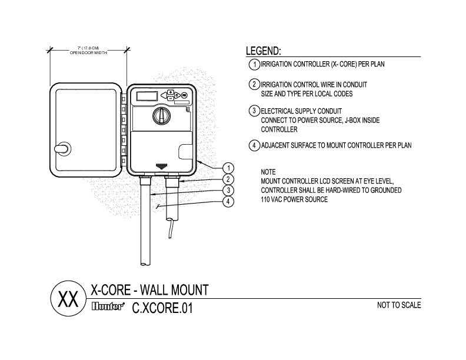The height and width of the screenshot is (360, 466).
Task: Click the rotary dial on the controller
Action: pos(161,116)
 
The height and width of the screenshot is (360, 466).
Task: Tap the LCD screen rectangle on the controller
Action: pos(147,96)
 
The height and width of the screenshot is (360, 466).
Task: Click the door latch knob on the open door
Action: pos(63,148)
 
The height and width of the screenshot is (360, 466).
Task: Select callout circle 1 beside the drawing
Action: pos(228,168)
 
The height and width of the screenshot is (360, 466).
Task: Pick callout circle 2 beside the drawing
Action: pos(228,179)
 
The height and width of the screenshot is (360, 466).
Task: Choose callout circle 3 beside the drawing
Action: pos(228,191)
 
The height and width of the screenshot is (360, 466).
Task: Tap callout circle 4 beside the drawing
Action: pos(228,202)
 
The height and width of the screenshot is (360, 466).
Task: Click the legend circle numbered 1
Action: pos(254,65)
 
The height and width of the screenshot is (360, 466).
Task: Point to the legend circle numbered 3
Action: pos(254,111)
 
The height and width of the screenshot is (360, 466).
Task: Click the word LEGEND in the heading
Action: pos(264,51)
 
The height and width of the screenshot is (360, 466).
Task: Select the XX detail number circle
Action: pos(68,298)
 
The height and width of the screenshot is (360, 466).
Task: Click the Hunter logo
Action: pos(107,306)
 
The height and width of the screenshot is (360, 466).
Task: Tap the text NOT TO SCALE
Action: pos(399,305)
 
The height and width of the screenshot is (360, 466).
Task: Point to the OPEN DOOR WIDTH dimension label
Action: pos(88,53)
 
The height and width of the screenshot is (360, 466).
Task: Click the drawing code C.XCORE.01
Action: pos(162,308)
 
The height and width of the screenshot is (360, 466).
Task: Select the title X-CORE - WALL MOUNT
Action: pos(149,289)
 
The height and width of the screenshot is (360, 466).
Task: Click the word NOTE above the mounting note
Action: pos(268,172)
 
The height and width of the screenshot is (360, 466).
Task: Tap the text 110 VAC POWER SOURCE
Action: pos(294,199)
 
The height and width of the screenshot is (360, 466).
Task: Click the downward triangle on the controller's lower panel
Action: pos(161,166)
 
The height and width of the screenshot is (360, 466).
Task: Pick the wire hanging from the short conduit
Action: pos(169,228)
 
